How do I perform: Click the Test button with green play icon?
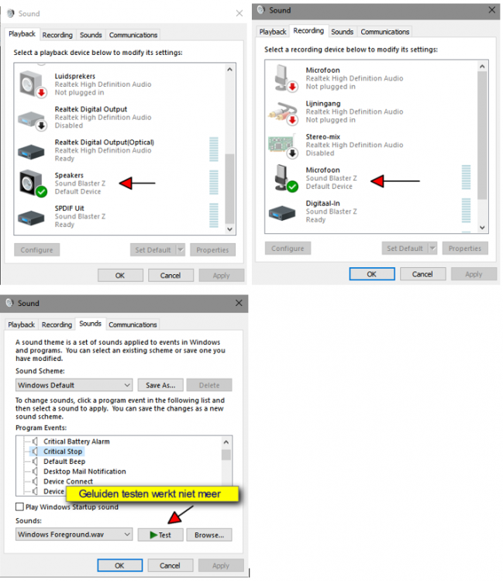160,535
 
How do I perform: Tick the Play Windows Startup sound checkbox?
19,507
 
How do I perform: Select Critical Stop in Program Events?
63,452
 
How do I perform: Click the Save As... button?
160,385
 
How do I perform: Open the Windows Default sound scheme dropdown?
74,385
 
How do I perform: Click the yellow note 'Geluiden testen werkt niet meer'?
152,493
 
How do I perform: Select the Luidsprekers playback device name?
75,76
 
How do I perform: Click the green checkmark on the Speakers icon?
42,191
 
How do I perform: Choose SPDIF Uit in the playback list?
69,208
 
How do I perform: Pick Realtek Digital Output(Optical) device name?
104,143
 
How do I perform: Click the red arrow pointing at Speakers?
137,183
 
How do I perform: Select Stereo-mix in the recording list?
323,136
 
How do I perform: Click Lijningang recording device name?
323,103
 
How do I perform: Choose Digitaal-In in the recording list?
322,204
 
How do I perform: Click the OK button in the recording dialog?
372,273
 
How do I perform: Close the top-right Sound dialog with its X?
491,10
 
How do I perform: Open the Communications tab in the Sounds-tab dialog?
133,325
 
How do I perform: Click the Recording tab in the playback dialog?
57,35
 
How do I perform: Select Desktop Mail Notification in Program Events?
84,471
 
